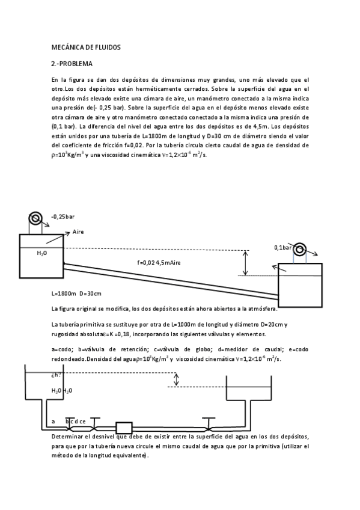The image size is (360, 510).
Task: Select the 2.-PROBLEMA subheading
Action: tap(72, 63)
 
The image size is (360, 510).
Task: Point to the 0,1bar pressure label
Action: tap(282, 247)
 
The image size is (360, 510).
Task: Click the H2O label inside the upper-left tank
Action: tap(42, 253)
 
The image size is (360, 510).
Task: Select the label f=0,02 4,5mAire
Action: tap(159, 262)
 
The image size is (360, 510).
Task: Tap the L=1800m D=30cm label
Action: tap(77, 293)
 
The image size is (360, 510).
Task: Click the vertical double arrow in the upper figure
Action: tap(245, 262)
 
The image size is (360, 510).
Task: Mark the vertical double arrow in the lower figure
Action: tap(175, 379)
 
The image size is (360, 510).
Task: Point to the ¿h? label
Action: tap(56, 376)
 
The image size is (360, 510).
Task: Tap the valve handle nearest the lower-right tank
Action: tap(209, 419)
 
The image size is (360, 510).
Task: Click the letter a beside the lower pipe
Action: tap(53, 422)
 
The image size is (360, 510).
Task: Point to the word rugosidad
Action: tap(67, 334)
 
